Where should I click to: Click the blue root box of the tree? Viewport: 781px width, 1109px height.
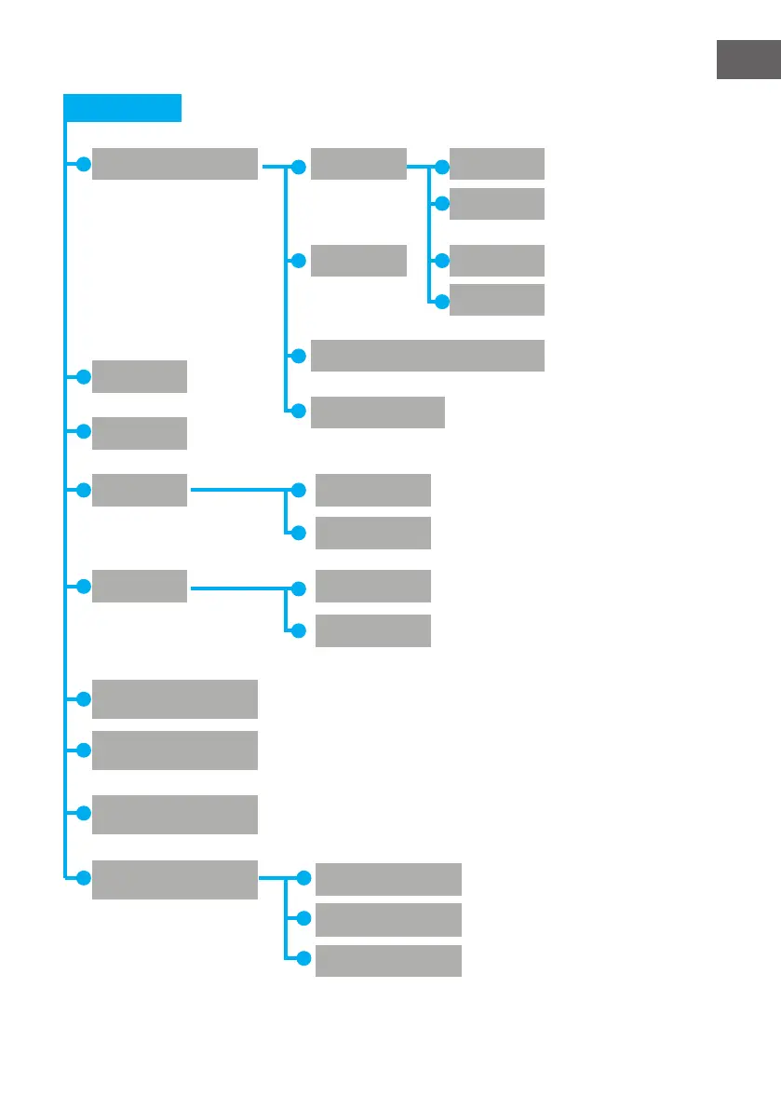[122, 107]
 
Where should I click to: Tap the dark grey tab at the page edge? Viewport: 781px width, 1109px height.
[747, 60]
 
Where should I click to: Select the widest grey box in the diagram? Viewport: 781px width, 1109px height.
[427, 356]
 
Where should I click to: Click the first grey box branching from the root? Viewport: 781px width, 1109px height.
[175, 163]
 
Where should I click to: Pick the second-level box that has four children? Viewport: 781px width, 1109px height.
[358, 163]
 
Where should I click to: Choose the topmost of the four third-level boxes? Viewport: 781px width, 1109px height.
[497, 163]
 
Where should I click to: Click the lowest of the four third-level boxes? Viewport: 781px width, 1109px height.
[497, 300]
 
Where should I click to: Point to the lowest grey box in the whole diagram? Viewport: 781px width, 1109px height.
[388, 960]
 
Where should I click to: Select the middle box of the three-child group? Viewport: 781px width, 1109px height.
[388, 919]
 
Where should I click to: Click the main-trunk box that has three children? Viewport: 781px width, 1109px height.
[175, 880]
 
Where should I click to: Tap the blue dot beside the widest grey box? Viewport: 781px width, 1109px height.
[299, 356]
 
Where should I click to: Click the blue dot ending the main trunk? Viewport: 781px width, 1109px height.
[83, 877]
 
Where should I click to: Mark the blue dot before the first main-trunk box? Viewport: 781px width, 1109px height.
[83, 165]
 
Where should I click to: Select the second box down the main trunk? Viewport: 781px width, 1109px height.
[140, 376]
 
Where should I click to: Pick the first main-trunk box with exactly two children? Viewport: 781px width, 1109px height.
[140, 490]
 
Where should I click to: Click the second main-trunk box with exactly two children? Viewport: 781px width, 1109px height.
[140, 586]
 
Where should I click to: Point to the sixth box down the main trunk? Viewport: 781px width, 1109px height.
[175, 698]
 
